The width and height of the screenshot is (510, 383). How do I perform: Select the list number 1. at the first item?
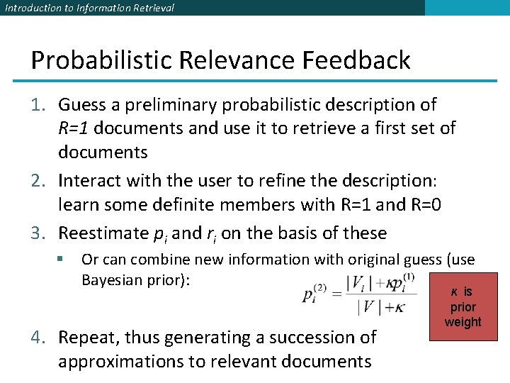[39, 105]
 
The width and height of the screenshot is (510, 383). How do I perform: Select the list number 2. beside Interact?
[39, 180]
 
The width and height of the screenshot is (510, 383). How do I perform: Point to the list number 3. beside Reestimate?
[39, 233]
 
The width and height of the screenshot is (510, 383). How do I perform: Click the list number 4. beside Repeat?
[39, 338]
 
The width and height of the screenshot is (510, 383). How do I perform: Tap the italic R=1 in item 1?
[73, 128]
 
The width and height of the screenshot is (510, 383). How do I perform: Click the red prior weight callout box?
[463, 306]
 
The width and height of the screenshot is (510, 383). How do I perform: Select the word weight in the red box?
[463, 322]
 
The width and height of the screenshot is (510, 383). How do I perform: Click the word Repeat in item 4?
[90, 338]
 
